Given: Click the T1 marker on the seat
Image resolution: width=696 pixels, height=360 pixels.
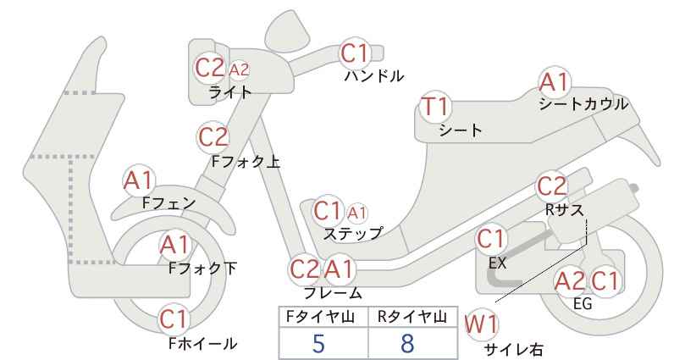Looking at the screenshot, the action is coord(435,107).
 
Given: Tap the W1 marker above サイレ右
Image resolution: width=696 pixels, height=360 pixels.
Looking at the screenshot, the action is coord(481,325).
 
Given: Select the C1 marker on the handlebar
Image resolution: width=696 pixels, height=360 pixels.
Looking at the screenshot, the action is coord(355,53).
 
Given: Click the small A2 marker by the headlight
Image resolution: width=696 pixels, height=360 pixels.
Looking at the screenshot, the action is coord(239,69).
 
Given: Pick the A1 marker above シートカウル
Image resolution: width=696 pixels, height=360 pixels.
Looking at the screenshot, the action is coord(554,82).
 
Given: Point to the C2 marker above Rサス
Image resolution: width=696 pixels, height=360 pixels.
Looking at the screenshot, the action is coord(552,186).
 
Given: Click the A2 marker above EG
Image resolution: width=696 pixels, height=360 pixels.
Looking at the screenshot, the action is coord(571,281).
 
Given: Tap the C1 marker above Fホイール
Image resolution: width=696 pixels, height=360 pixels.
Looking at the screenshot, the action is coord(174,319).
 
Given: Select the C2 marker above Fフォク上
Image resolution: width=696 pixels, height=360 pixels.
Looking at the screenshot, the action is coord(213,137).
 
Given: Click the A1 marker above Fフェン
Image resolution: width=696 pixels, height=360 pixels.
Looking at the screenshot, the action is coord(139,181).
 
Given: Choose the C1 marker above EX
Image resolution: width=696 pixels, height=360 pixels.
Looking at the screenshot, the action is coord(490,240).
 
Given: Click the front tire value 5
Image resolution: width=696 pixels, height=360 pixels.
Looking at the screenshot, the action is coord(318,343).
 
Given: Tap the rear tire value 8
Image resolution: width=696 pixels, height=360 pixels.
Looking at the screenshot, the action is coord(407,343).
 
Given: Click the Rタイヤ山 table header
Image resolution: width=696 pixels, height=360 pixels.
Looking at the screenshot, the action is coord(412,317).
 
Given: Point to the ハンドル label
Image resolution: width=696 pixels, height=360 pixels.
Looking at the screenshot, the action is coord(374,76).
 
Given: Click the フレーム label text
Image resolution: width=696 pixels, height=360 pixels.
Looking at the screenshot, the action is coord(333,293).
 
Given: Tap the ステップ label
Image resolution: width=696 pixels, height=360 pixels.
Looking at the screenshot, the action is coord(353,233).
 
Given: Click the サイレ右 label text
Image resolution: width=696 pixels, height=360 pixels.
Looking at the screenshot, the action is coord(513,349).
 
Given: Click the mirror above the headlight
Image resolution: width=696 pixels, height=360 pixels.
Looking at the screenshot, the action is coord(288,27).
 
